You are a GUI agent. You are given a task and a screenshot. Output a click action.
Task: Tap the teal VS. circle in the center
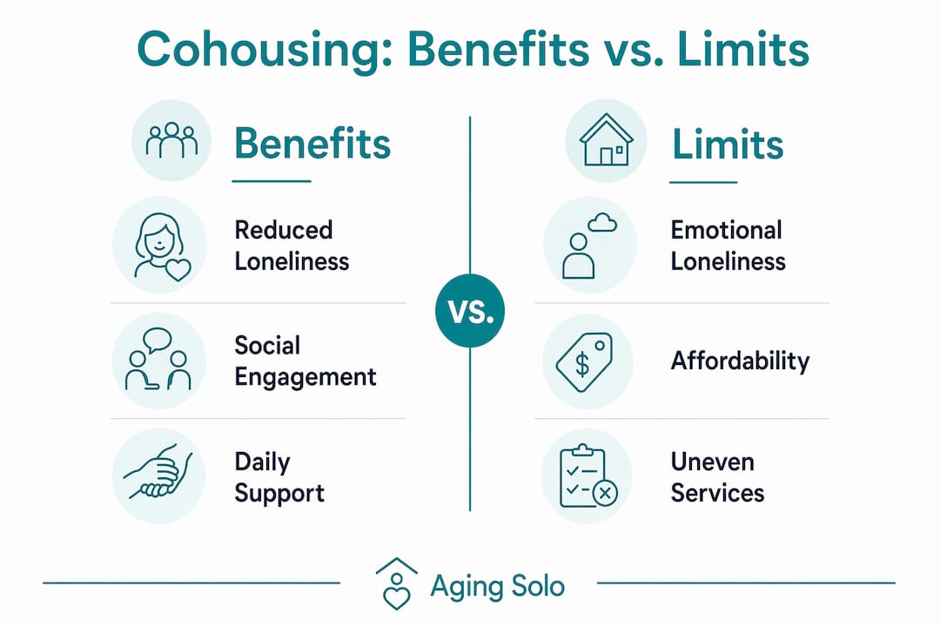pyautogui.click(x=470, y=311)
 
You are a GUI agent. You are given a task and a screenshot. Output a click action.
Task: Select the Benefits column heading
pyautogui.click(x=312, y=144)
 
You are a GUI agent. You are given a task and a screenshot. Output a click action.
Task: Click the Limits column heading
pyautogui.click(x=727, y=144)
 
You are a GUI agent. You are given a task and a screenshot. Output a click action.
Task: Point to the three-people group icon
pyautogui.click(x=171, y=140)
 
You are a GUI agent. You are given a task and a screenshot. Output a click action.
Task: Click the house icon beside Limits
pyautogui.click(x=606, y=141)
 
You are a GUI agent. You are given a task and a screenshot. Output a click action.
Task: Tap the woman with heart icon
pyautogui.click(x=162, y=246)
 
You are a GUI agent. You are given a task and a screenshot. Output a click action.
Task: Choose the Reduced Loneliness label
pyautogui.click(x=292, y=246)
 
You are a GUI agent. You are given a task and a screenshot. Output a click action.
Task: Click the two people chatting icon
pyautogui.click(x=158, y=360)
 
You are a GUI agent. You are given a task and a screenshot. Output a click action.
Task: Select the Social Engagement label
pyautogui.click(x=305, y=361)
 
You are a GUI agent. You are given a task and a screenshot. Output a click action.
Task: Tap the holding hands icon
pyautogui.click(x=158, y=473)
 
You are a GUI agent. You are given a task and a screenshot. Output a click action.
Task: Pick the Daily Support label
pyautogui.click(x=279, y=477)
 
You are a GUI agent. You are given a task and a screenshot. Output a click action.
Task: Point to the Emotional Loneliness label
pyautogui.click(x=728, y=246)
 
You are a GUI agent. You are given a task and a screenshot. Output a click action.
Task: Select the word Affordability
pyautogui.click(x=741, y=361)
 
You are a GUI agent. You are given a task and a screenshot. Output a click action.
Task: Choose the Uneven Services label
pyautogui.click(x=717, y=477)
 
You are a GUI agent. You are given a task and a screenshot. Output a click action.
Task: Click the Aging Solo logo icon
pyautogui.click(x=396, y=583)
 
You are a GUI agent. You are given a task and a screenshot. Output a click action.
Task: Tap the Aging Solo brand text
pyautogui.click(x=498, y=586)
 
